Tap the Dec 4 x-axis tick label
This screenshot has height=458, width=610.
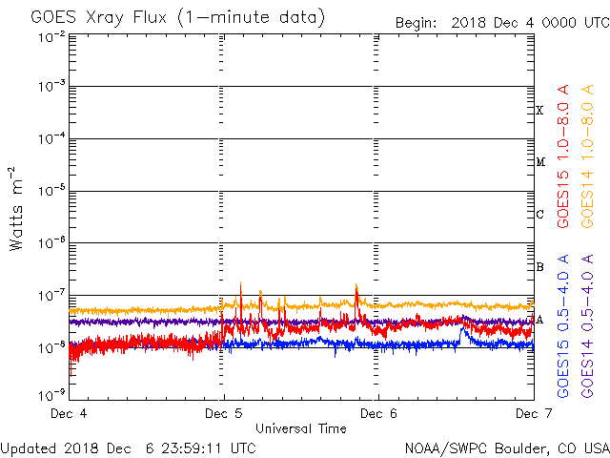pyautogui.click(x=69, y=413)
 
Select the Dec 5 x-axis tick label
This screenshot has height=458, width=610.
pyautogui.click(x=224, y=413)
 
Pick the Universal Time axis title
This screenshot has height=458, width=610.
pyautogui.click(x=300, y=428)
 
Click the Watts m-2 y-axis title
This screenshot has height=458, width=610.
pyautogui.click(x=17, y=208)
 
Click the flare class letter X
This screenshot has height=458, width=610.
pyautogui.click(x=539, y=111)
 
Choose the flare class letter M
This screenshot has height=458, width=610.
pyautogui.click(x=539, y=162)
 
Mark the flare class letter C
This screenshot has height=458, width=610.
pyautogui.click(x=539, y=215)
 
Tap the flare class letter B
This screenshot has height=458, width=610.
pyautogui.click(x=539, y=267)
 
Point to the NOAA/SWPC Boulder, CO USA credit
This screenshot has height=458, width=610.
pyautogui.click(x=506, y=448)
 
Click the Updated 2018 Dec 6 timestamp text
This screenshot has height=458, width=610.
pyautogui.click(x=129, y=448)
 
